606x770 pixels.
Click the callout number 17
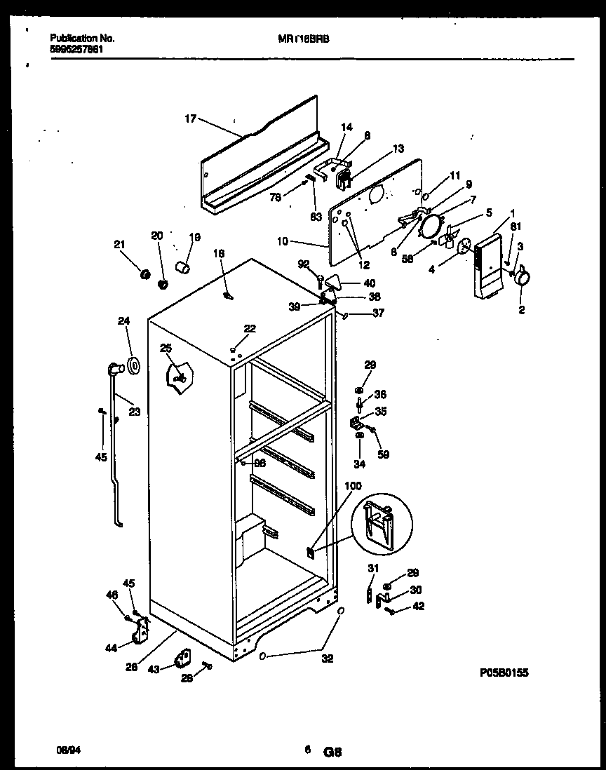coord(190,119)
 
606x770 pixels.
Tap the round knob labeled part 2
coord(521,279)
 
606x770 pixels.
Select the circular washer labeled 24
coord(130,366)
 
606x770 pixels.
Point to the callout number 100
coord(353,486)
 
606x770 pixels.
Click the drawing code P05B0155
coord(504,673)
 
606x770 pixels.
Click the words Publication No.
coord(83,38)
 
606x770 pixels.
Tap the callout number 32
coord(328,658)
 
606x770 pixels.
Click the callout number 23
coord(134,412)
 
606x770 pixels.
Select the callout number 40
coord(369,283)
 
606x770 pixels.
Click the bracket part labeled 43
coord(184,659)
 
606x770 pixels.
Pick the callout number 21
coord(119,244)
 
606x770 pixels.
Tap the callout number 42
coord(419,607)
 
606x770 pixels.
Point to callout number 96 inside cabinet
coord(260,462)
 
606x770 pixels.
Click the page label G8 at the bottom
coord(332,752)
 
